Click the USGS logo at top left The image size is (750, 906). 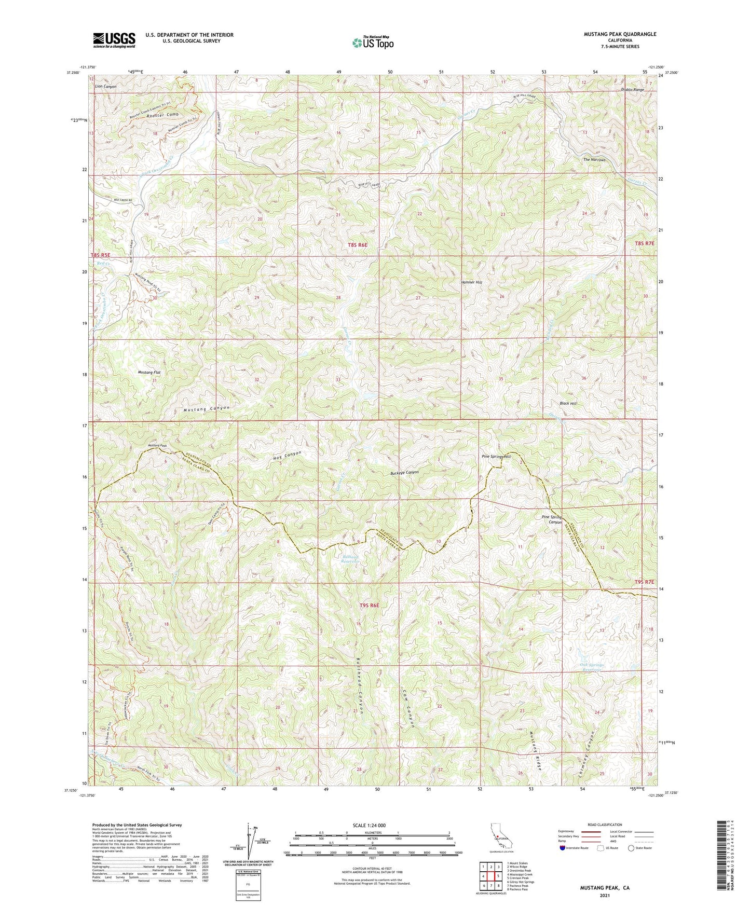coord(114,39)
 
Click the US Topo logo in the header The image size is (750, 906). coord(372,43)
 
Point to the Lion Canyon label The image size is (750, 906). coord(106,86)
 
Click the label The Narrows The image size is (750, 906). coord(594,160)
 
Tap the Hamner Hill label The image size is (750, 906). coord(471,283)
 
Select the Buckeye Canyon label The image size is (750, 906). coord(404,473)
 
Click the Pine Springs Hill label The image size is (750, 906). coord(496,457)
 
